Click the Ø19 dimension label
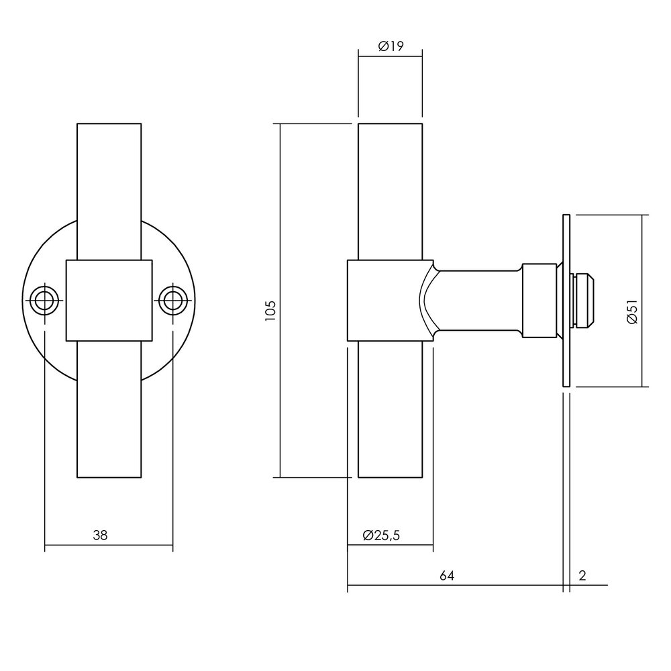click(390, 46)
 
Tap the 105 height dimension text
click(270, 311)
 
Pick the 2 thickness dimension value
click(582, 576)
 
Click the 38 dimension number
click(100, 535)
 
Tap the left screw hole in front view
click(44, 300)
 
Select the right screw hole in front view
click(172, 300)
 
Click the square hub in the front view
click(109, 300)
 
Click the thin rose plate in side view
click(566, 300)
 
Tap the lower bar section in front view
click(109, 409)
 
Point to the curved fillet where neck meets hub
click(427, 300)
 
